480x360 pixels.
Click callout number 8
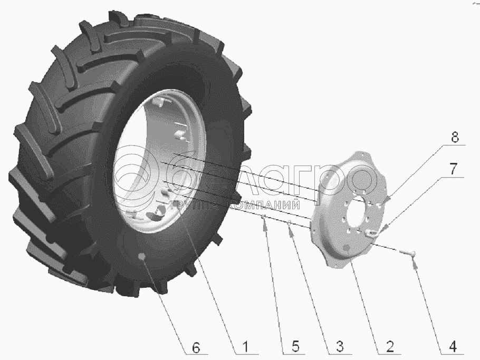pos(455,137)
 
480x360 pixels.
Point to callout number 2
pos(390,346)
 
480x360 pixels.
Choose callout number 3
pos(340,346)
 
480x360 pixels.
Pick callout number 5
pos(295,346)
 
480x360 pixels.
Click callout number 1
pos(245,347)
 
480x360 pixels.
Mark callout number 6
pos(196,348)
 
